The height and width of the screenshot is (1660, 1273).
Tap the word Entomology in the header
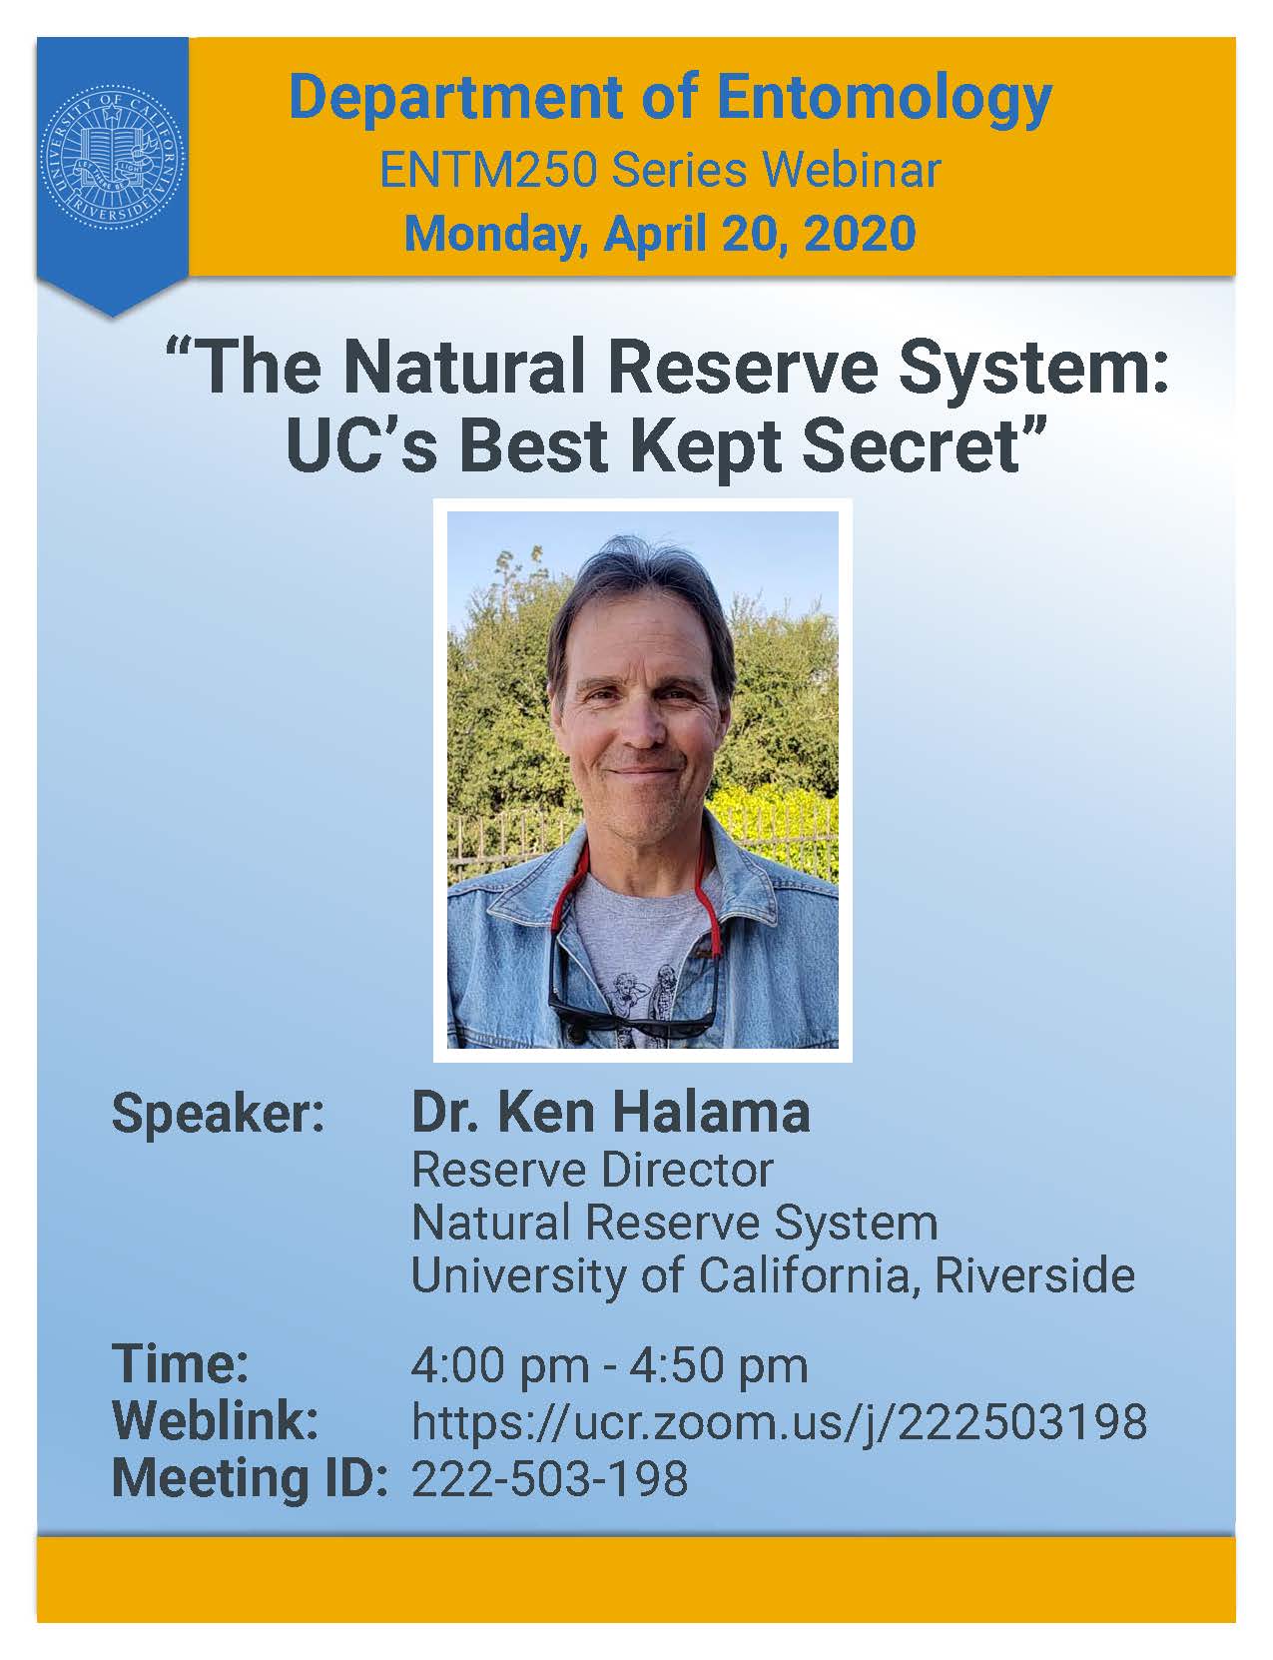[x=885, y=100]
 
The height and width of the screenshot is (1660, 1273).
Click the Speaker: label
[x=218, y=1116]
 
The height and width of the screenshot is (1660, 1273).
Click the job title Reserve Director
[x=593, y=1171]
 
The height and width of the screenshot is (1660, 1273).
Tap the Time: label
[x=181, y=1363]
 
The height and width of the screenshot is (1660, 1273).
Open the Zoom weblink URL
[x=779, y=1423]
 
